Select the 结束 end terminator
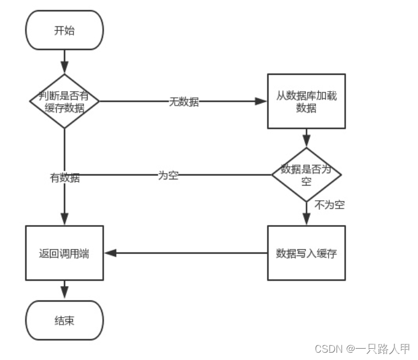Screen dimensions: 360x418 [x=64, y=320]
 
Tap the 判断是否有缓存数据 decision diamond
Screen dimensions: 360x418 [x=64, y=101]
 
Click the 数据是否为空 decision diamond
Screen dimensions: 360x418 [x=306, y=174]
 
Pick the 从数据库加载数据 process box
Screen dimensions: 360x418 [x=306, y=101]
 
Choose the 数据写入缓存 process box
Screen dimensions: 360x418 [x=306, y=253]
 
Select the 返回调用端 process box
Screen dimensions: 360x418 [x=64, y=253]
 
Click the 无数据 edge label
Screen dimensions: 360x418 [x=184, y=102]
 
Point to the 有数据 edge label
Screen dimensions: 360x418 [x=65, y=178]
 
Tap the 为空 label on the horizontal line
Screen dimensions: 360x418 [x=168, y=175]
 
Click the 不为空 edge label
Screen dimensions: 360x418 [x=330, y=205]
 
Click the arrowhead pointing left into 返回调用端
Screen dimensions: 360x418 [x=110, y=253]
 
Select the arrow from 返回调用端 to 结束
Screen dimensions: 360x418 [x=64, y=290]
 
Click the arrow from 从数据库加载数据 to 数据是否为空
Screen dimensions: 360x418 [x=306, y=138]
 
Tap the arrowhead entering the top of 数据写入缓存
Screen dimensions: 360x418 [x=306, y=220]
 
